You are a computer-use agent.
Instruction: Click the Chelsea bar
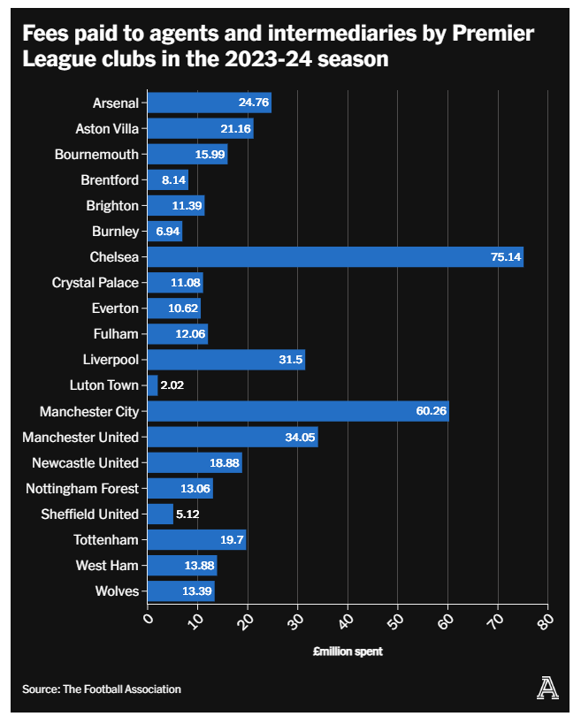point(334,257)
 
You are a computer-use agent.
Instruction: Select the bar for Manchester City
point(297,411)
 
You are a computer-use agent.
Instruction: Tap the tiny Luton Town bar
point(152,385)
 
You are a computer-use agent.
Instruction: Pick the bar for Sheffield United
point(160,514)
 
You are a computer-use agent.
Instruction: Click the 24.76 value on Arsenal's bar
point(253,103)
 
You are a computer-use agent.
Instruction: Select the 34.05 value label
point(300,437)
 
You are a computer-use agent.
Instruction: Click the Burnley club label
point(115,232)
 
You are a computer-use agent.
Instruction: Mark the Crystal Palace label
point(96,283)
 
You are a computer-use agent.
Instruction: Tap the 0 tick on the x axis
point(148,619)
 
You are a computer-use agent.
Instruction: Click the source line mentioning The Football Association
point(102,689)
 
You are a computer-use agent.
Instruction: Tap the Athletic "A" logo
point(548,688)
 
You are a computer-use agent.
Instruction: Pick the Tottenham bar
point(196,539)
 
